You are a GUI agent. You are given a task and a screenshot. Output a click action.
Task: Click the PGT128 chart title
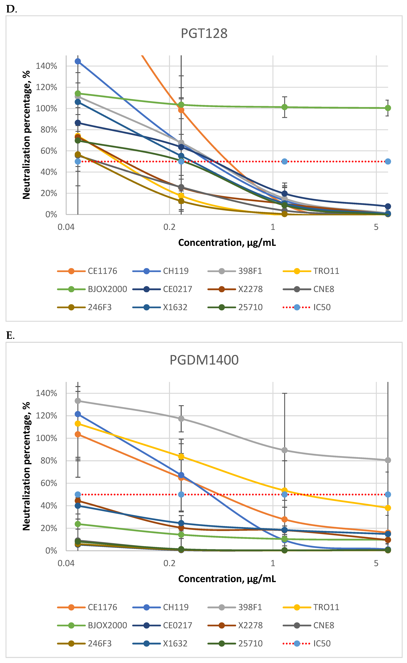tap(204, 33)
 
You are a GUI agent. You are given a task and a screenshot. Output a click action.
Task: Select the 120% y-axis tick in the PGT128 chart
tap(47, 87)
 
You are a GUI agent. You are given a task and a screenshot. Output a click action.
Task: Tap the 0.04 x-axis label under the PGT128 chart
tap(66, 227)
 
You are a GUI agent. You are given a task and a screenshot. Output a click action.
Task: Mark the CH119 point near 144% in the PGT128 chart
tap(78, 61)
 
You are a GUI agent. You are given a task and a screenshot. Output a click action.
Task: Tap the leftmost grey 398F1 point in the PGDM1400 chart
tap(78, 401)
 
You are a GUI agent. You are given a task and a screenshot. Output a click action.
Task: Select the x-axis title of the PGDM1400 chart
tap(227, 579)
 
